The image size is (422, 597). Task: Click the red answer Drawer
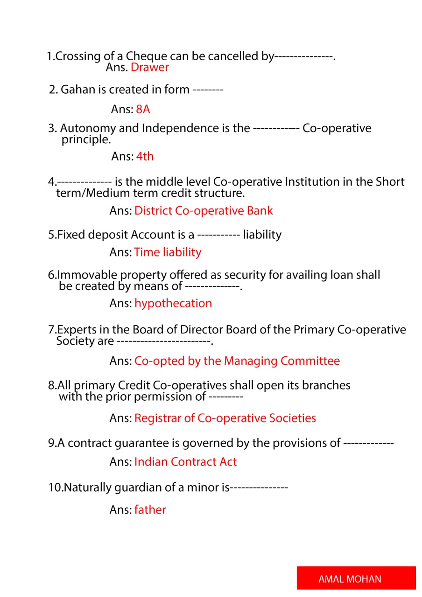[149, 68]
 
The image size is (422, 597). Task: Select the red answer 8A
[143, 110]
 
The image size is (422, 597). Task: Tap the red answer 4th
[145, 157]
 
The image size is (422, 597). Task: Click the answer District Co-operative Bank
[204, 211]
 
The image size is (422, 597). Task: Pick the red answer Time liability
[168, 252]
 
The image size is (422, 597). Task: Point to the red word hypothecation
[173, 304]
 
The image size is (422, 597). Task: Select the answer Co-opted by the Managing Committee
[237, 361]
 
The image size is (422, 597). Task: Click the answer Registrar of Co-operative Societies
[225, 418]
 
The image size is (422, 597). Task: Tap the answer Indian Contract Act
[185, 462]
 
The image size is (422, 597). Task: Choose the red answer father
[150, 510]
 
